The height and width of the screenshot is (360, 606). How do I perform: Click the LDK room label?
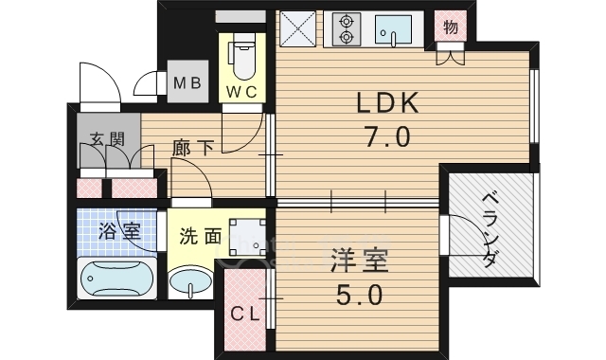tap(386, 103)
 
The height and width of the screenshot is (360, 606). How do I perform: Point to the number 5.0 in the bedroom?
tap(359, 296)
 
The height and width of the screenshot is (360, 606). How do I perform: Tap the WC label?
tap(243, 91)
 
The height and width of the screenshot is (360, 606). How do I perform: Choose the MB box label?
tap(187, 82)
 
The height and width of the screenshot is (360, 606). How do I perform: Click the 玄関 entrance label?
tap(108, 139)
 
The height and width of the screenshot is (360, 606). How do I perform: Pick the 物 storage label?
tap(451, 27)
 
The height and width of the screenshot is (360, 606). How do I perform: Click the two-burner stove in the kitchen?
tap(344, 29)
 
